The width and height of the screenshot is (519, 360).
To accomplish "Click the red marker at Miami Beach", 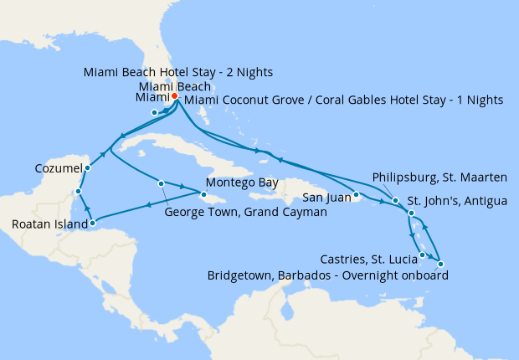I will (175, 96).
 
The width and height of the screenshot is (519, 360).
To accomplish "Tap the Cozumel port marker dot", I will (88, 167).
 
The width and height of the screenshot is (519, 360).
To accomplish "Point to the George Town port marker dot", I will (160, 183).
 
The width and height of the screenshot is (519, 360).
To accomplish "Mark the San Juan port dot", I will (356, 197).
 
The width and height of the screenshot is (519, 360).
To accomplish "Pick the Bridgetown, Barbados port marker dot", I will (440, 265).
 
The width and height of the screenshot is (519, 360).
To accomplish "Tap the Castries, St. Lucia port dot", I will (423, 255).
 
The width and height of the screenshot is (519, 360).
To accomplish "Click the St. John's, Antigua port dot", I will (411, 213).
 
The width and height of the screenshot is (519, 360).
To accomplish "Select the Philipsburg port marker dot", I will (395, 201).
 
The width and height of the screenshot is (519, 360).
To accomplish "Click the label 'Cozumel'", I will (59, 168).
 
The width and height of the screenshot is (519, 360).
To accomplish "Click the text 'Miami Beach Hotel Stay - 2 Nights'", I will (179, 71).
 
